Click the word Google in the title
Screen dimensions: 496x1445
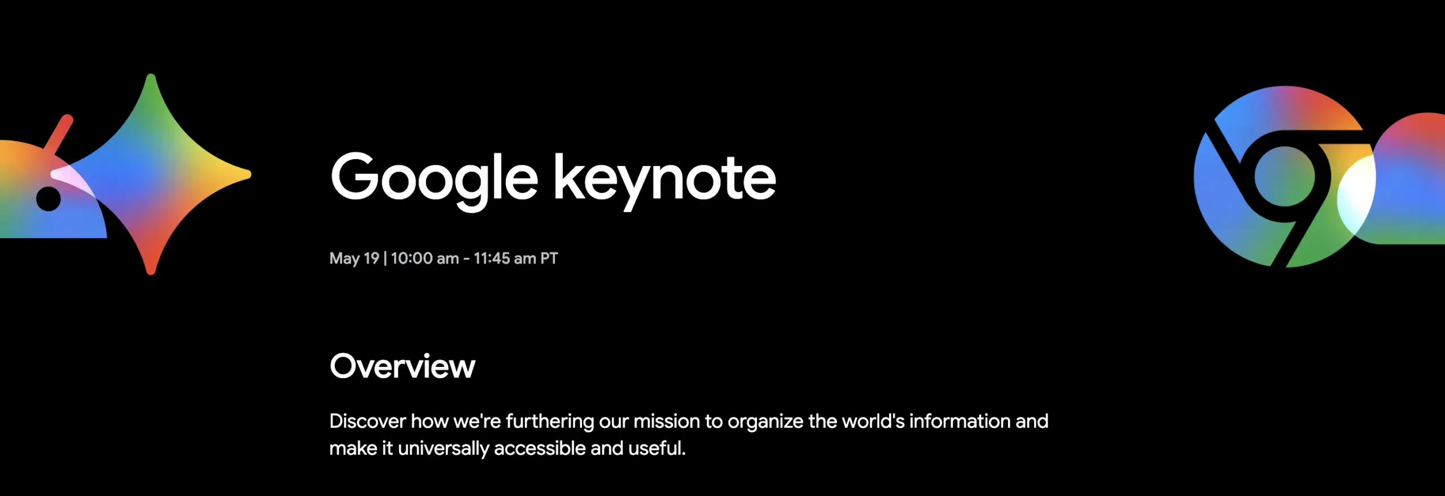tap(433, 178)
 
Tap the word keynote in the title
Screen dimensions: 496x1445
tap(664, 178)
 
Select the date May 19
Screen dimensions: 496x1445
tap(354, 258)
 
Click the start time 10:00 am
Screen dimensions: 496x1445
tap(424, 258)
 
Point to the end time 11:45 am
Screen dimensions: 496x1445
tap(505, 258)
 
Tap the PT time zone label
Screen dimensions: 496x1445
tap(549, 258)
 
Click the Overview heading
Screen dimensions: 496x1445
tap(402, 366)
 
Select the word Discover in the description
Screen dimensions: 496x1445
tap(367, 421)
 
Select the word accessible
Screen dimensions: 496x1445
tap(540, 449)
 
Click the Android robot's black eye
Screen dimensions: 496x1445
tap(49, 199)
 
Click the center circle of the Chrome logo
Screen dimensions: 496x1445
tap(1284, 177)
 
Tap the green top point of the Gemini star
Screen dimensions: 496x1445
tap(151, 90)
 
